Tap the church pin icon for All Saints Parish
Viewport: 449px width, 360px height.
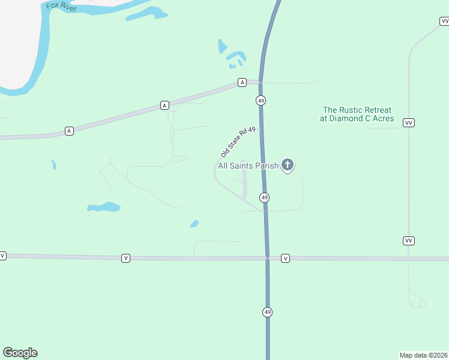[x=288, y=165]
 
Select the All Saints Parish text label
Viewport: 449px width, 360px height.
[x=248, y=166]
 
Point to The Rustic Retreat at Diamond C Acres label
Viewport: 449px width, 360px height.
[x=357, y=114]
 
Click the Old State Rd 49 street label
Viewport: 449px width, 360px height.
[x=238, y=142]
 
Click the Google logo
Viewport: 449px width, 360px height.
[x=20, y=353]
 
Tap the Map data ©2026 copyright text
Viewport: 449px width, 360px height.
[x=423, y=355]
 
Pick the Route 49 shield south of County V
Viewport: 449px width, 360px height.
[x=267, y=312]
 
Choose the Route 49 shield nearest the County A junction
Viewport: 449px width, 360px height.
[x=261, y=101]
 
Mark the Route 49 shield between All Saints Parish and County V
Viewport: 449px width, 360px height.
[x=264, y=197]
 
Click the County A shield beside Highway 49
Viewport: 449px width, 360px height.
[x=242, y=82]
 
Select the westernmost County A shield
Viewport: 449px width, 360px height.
[x=69, y=131]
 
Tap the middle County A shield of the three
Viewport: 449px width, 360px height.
[x=164, y=106]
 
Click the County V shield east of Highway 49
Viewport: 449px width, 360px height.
[x=286, y=259]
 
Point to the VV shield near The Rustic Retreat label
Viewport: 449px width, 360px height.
[x=409, y=122]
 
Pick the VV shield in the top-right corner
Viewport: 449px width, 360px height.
[x=444, y=22]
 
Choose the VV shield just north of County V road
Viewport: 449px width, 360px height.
[x=408, y=241]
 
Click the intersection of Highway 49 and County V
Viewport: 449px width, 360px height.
[x=267, y=258]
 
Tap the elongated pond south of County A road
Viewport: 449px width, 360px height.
[x=103, y=207]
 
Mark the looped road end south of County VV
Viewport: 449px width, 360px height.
[x=417, y=300]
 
